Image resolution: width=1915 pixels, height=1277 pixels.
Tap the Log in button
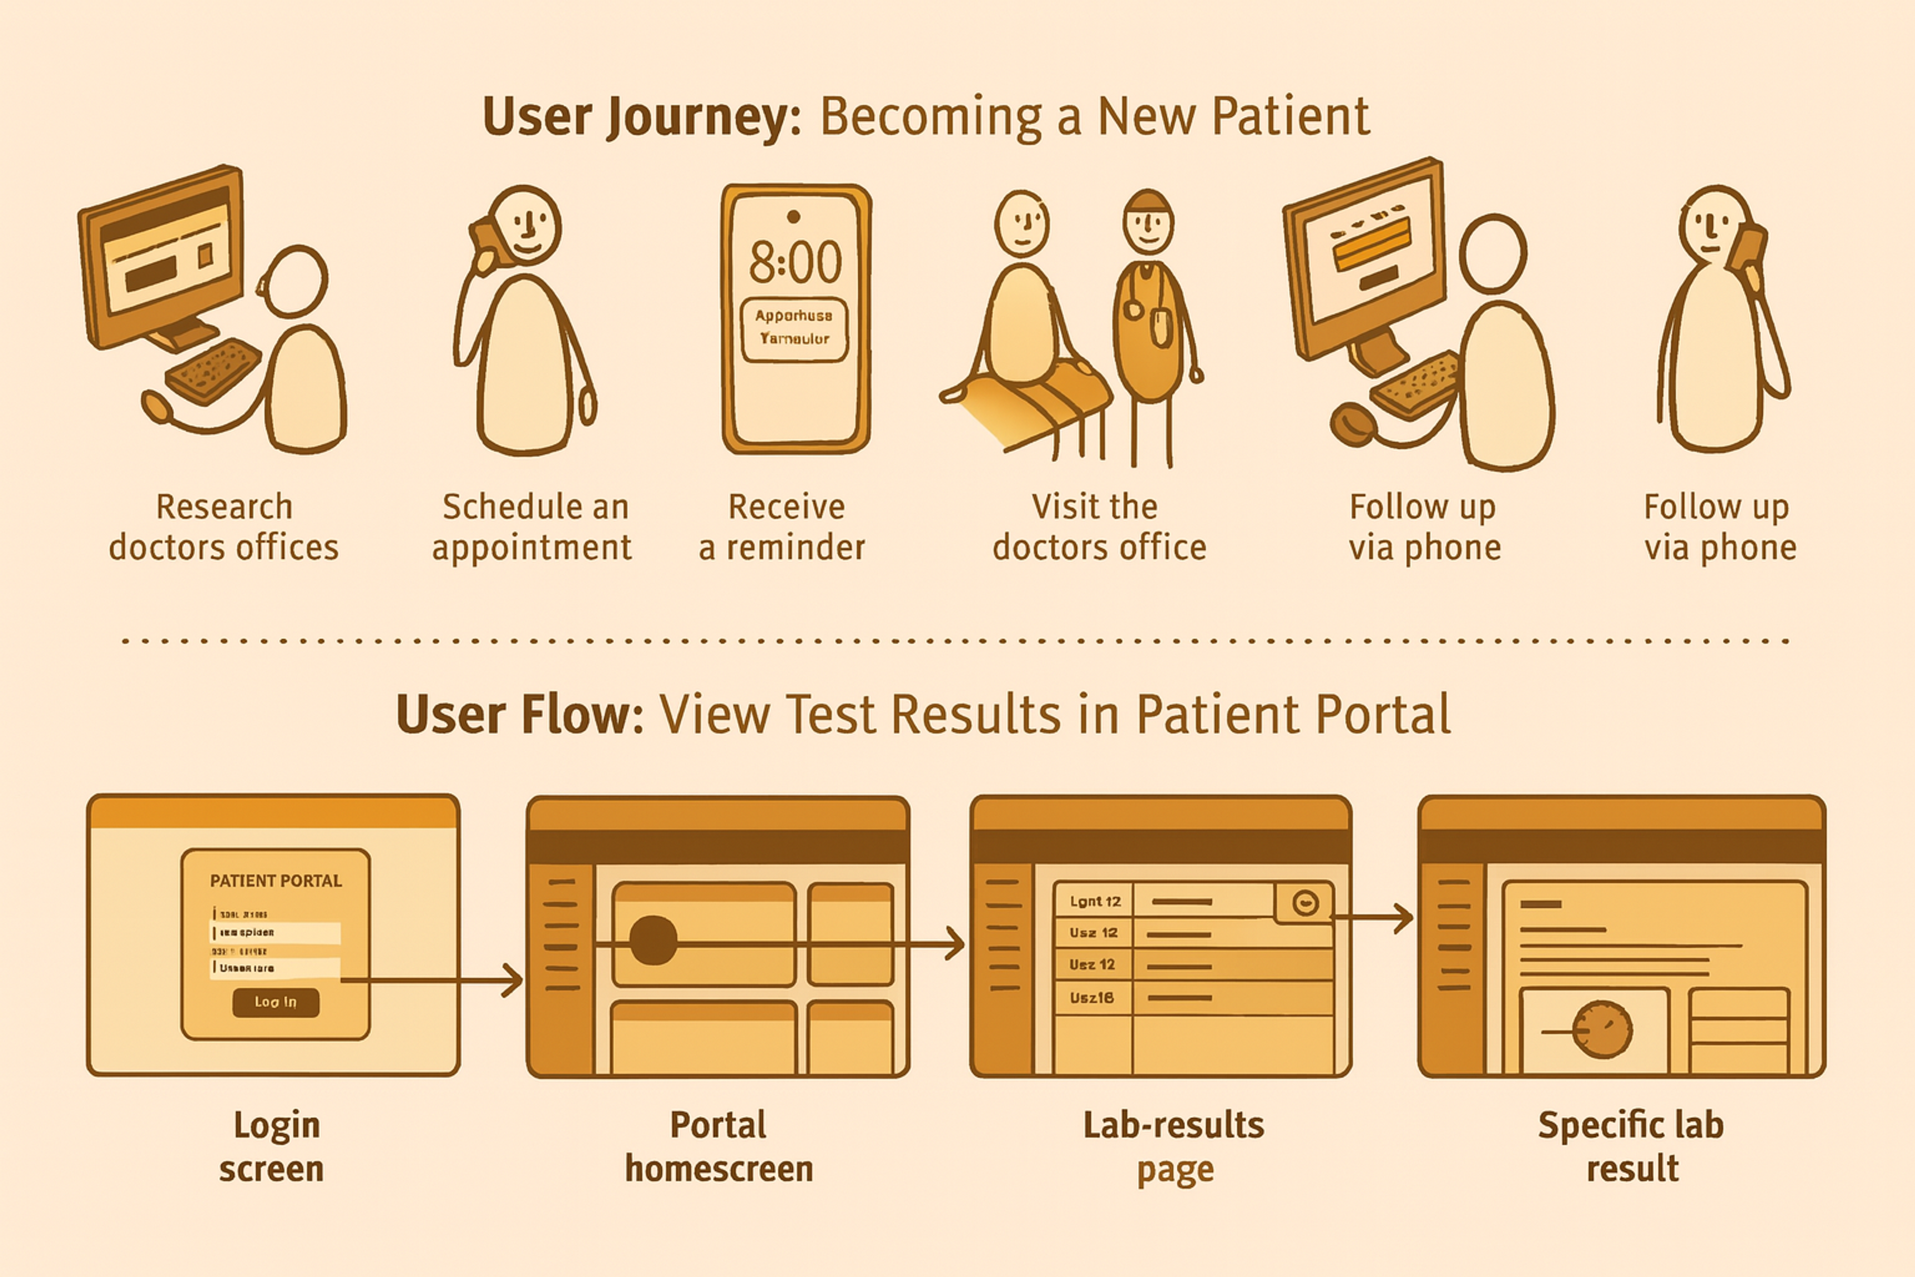(275, 1002)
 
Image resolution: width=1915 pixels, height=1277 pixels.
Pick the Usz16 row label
(1091, 998)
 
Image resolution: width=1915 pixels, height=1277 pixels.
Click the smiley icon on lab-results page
(1305, 902)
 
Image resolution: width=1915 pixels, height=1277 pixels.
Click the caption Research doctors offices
(224, 527)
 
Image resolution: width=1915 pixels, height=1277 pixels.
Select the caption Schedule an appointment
(533, 527)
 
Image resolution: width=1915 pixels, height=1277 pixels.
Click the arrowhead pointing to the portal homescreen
(513, 981)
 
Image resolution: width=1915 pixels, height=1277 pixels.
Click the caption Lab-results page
(1173, 1146)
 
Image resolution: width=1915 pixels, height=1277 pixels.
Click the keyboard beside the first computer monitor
(212, 371)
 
